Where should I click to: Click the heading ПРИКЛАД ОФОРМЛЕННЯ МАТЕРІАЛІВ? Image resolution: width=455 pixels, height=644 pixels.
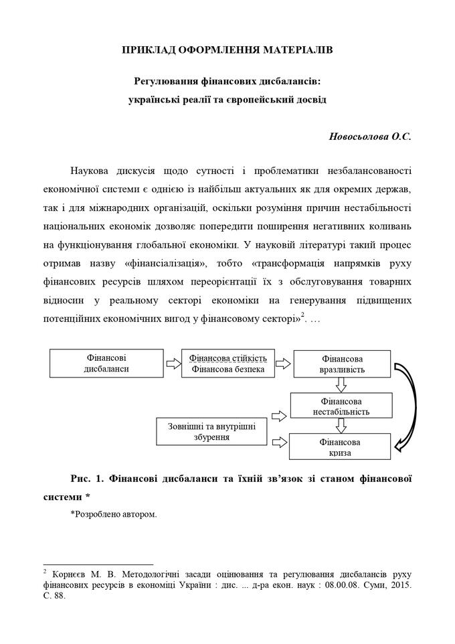[x=227, y=50]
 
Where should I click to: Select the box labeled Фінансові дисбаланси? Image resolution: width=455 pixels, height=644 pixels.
[x=106, y=364]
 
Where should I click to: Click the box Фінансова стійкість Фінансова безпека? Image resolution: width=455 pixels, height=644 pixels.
[x=227, y=364]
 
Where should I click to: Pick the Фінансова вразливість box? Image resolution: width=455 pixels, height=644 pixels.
[x=342, y=364]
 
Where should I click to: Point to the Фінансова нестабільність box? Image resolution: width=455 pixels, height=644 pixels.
[x=341, y=406]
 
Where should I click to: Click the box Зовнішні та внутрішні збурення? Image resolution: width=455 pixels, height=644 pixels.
[x=210, y=432]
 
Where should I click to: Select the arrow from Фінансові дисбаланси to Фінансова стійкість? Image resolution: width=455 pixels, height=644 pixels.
[x=173, y=364]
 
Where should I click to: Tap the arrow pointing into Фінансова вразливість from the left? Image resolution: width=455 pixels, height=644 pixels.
[x=284, y=364]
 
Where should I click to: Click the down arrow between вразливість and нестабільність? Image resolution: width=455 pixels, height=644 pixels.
[x=341, y=384]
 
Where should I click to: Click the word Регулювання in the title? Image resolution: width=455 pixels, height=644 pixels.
[x=165, y=82]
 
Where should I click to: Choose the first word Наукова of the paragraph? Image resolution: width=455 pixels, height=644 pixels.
[x=91, y=169]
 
